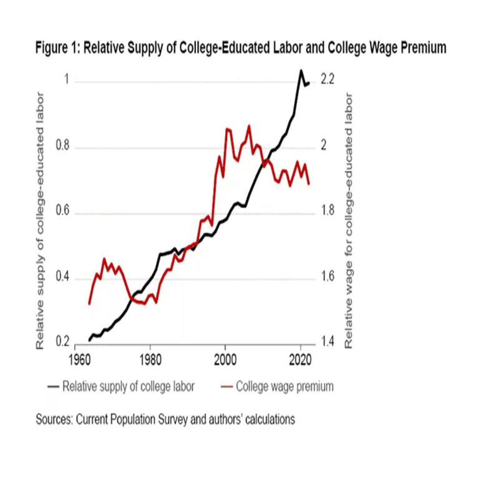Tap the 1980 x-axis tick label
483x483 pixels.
150,360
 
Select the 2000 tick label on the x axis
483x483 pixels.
225,360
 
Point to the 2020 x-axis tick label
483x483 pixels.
301,360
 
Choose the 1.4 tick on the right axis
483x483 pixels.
328,343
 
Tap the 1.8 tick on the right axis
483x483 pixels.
328,212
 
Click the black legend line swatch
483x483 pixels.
52,387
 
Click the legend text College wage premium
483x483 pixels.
285,387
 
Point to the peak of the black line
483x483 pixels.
301,71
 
